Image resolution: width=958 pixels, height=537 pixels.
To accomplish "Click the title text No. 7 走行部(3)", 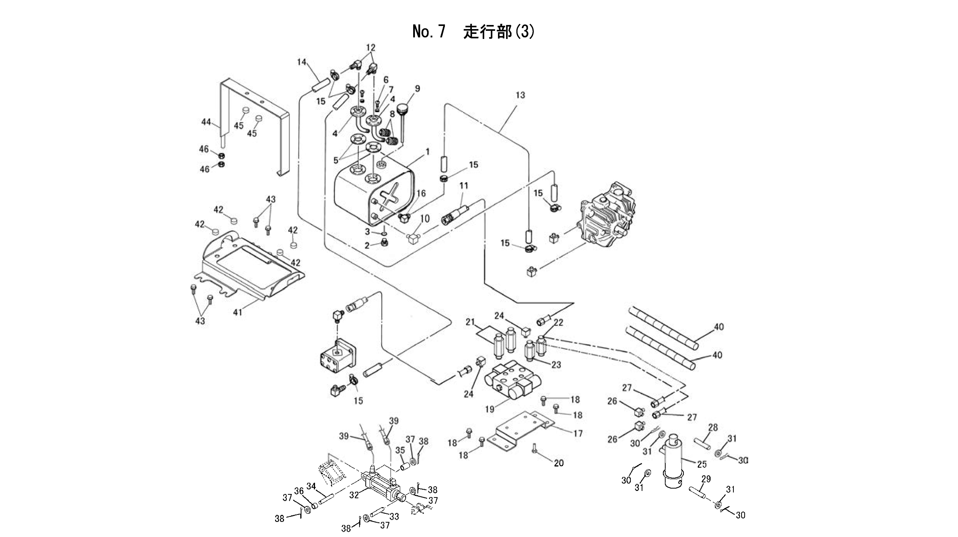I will coord(473,32).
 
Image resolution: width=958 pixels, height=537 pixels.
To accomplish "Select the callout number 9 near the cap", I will coord(417,89).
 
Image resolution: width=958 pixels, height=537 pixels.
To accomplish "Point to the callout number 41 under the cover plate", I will coord(237,312).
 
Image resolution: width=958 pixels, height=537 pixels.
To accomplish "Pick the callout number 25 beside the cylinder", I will coord(702,464).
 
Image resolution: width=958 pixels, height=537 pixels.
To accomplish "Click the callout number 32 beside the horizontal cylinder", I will coord(354,495).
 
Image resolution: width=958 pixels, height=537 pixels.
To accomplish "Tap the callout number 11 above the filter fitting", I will coord(464,185).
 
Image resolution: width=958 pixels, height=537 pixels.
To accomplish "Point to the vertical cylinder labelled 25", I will coord(674,463).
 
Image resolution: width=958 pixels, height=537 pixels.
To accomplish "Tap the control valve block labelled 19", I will coord(511,381).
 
